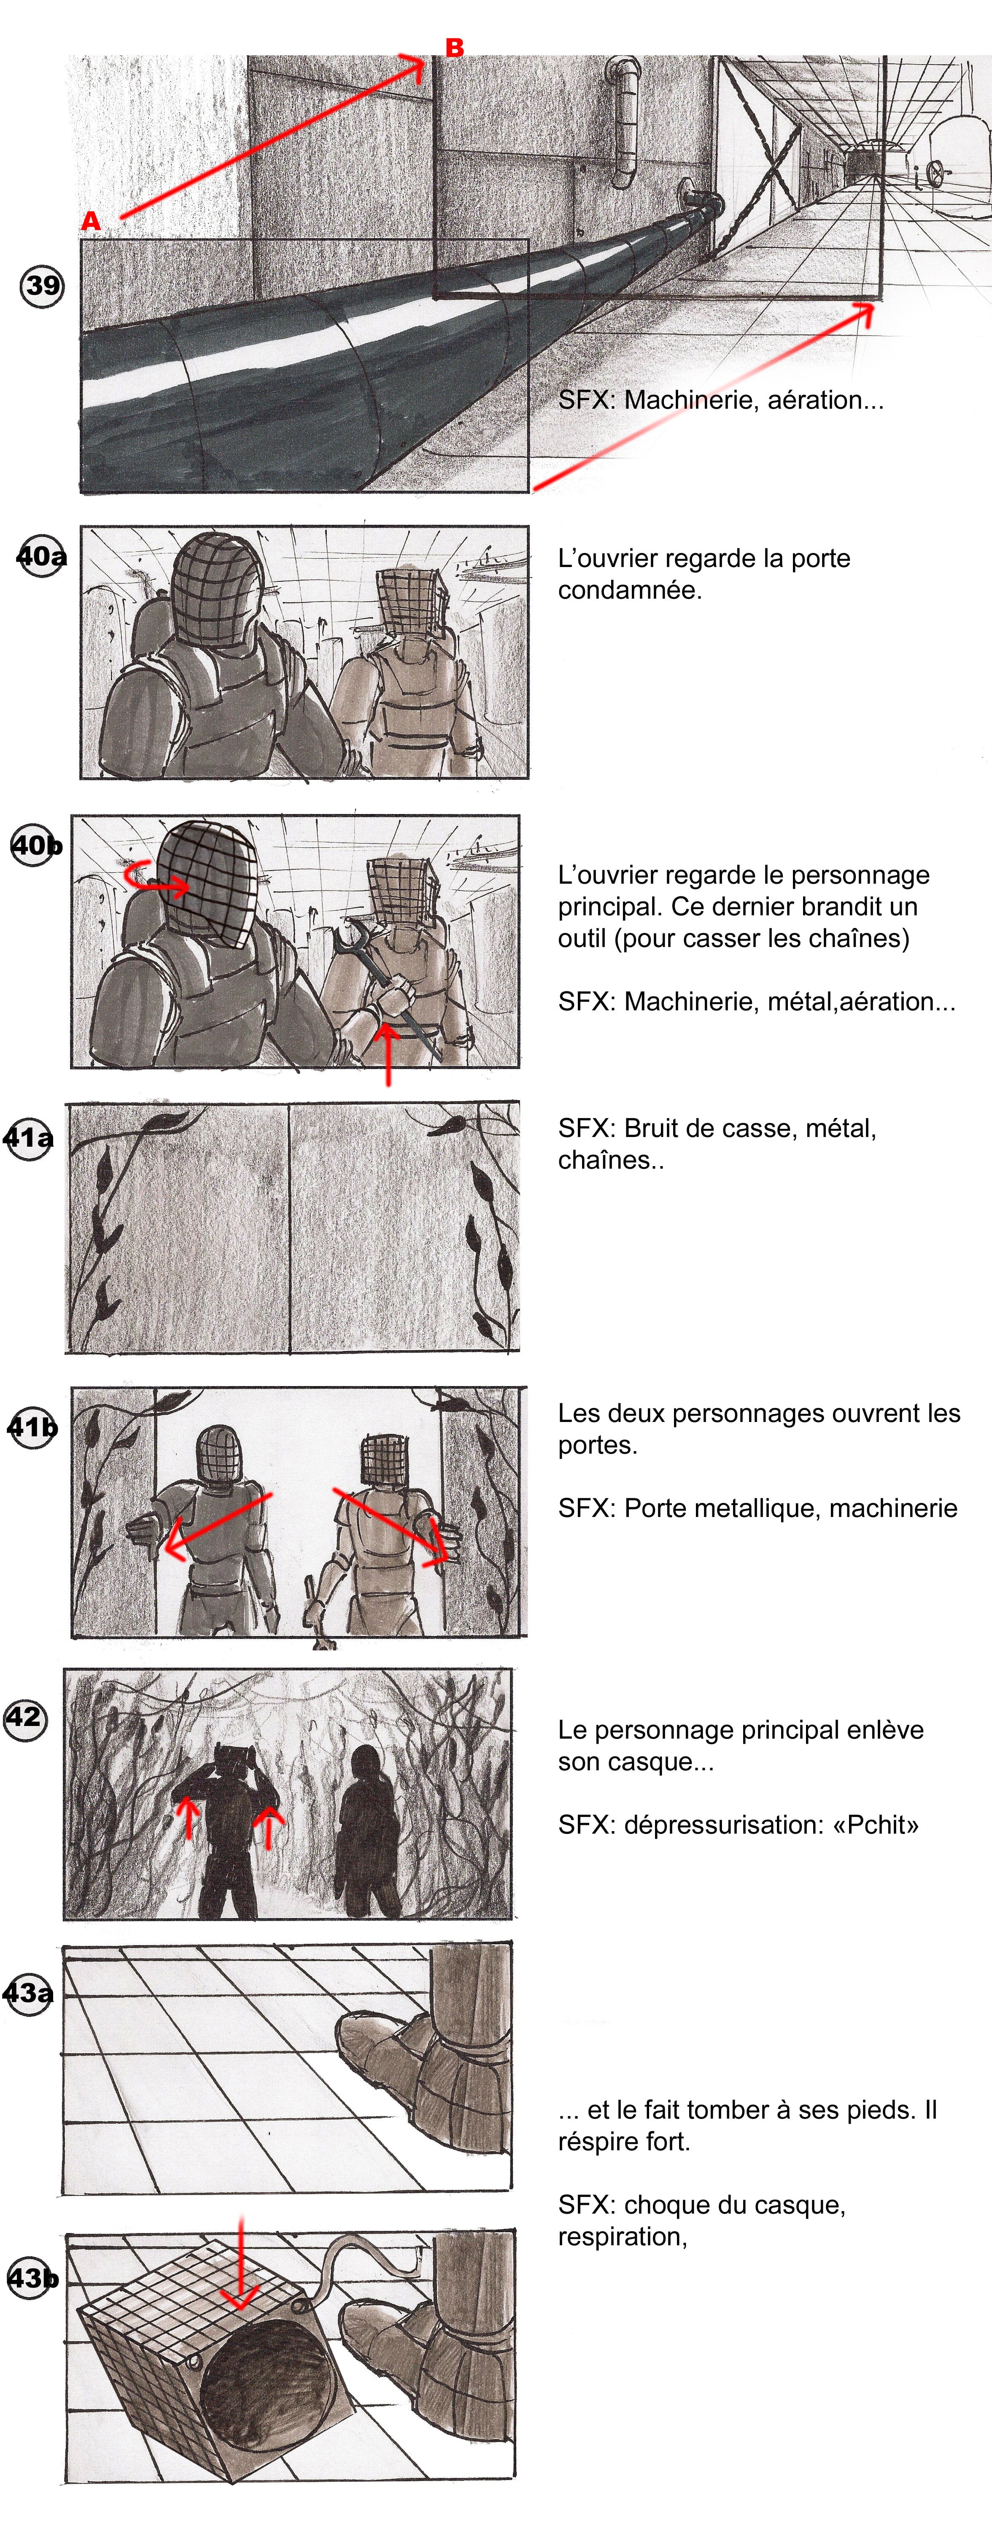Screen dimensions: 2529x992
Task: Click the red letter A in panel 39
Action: tap(90, 221)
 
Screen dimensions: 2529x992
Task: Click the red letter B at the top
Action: tap(454, 47)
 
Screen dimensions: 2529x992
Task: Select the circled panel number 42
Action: tap(24, 1717)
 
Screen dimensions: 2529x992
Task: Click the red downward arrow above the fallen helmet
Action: tap(240, 2263)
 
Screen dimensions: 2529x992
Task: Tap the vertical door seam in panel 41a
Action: tap(289, 1227)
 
